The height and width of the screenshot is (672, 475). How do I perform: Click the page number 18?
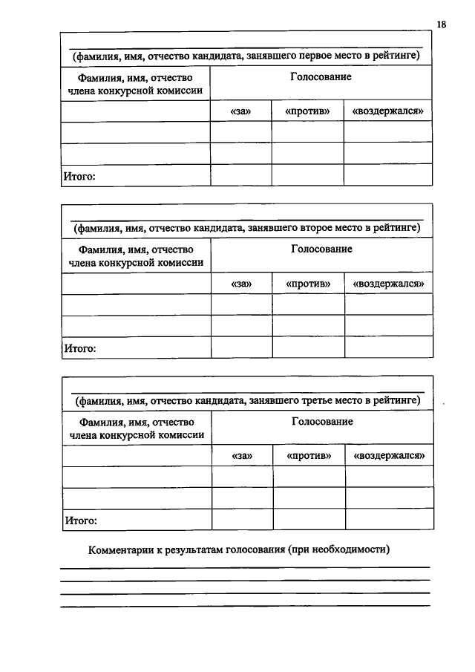(441, 25)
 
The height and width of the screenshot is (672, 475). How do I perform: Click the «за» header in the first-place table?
(240, 111)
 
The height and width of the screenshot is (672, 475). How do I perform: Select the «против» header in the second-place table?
(307, 284)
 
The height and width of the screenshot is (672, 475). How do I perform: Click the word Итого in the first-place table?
(79, 176)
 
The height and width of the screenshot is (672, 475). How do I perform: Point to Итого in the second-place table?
(80, 348)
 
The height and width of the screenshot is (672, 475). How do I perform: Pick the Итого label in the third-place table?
(81, 520)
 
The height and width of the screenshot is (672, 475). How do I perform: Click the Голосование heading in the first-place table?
(321, 77)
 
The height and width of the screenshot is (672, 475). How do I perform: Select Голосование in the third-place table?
(322, 421)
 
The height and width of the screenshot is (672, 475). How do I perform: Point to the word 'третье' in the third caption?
(299, 400)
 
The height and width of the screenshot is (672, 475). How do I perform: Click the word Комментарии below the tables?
(122, 550)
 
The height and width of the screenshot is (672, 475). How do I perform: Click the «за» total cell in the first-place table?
(240, 175)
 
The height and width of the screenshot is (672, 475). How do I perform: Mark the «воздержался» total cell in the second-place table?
(388, 347)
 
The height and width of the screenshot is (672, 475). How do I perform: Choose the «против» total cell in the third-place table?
(309, 519)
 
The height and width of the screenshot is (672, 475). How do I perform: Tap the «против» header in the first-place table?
(307, 111)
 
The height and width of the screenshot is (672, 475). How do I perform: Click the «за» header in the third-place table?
(243, 455)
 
